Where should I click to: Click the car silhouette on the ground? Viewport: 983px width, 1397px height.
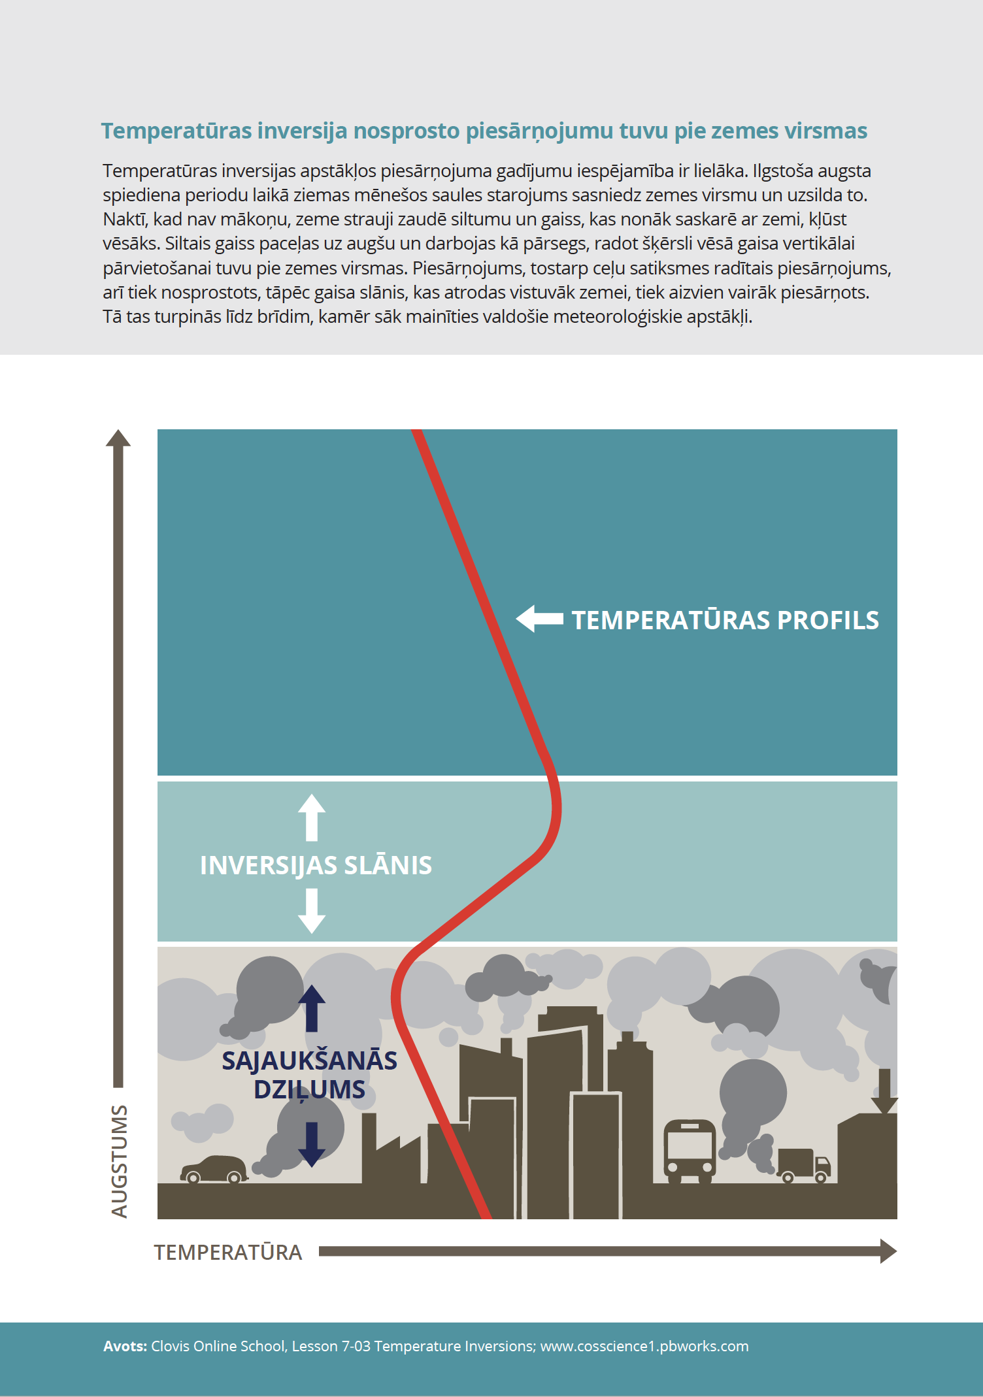coord(214,1170)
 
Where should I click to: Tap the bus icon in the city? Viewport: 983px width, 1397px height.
coord(690,1151)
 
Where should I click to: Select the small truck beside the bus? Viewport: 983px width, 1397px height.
coord(803,1166)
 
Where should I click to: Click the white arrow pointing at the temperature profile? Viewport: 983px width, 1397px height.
coord(540,618)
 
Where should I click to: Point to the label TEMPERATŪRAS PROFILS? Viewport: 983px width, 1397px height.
coord(725,620)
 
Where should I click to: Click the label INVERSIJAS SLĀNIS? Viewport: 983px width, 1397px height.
coord(316,865)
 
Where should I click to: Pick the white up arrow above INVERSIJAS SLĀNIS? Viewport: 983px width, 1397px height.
coord(312,817)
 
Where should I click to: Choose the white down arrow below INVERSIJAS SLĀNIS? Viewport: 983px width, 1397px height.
coord(312,911)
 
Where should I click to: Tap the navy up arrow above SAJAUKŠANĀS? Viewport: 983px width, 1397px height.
coord(312,1008)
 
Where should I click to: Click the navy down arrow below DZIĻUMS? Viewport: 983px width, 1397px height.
coord(312,1144)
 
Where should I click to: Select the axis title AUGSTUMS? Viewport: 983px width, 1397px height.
coord(120,1161)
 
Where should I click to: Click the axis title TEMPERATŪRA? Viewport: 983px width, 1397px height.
coord(228,1253)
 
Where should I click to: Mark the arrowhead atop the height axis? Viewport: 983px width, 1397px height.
coord(118,439)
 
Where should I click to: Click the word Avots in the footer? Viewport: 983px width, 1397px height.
coord(125,1346)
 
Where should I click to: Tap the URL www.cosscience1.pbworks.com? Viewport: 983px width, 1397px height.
coord(644,1346)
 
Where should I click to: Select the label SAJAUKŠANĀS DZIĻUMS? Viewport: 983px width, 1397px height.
coord(309,1075)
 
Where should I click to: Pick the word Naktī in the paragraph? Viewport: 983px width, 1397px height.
coord(125,220)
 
